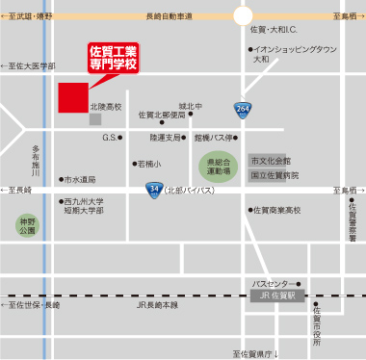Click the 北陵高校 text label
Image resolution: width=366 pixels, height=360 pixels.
coord(105,107)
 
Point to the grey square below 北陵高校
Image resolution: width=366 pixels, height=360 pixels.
coord(95,120)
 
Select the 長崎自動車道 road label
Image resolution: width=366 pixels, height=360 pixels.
coord(169,16)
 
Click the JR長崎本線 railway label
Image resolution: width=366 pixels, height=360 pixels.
coord(157,305)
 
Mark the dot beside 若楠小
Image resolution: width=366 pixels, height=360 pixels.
coord(132,165)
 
